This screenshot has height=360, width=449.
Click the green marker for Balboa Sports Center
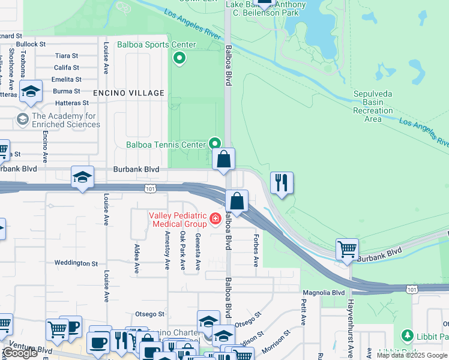178,58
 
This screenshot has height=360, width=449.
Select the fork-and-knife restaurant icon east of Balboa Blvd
282,182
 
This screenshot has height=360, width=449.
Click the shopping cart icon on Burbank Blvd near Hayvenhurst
348,248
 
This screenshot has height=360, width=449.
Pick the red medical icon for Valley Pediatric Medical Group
215,220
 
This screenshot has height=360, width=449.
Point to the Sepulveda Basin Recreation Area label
373,107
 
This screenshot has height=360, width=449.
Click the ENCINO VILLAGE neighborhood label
128,93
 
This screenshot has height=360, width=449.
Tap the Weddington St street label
76,263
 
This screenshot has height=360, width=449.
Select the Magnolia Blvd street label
324,293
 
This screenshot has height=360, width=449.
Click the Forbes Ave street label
256,250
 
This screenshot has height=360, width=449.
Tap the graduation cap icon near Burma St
30,91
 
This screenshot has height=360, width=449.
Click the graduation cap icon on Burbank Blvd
82,176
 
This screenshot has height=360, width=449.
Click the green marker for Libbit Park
408,334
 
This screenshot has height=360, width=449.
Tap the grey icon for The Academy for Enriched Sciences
23,119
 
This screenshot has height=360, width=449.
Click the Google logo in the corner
20,353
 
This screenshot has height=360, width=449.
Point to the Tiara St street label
67,56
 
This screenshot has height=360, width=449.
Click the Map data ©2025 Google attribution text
412,355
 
